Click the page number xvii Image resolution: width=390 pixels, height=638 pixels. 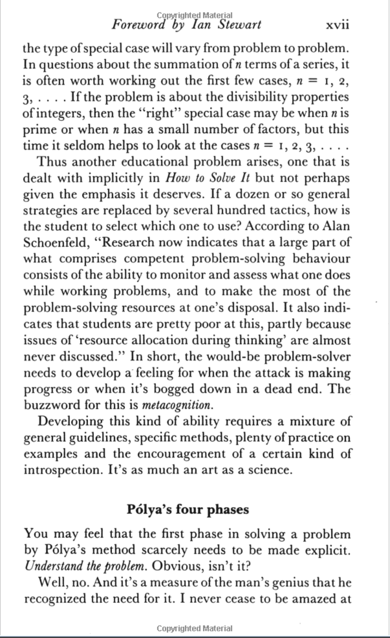337,25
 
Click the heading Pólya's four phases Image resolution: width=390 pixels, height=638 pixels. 188,510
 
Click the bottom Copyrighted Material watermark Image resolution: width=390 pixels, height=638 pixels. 195,628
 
